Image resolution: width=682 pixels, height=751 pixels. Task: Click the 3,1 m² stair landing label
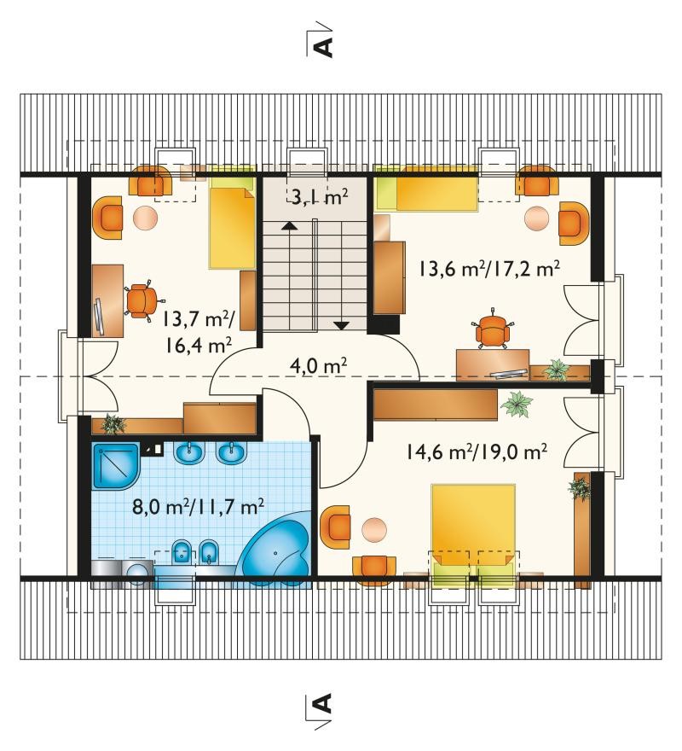[x=319, y=197]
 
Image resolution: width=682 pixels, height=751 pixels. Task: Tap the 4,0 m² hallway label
[x=318, y=366]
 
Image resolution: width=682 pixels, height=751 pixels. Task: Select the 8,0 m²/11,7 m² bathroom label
[x=198, y=506]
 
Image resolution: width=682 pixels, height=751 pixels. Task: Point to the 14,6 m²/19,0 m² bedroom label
[x=477, y=451]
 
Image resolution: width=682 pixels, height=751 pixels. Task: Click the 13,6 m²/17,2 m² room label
[x=489, y=268]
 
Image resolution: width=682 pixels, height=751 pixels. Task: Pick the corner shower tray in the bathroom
[x=115, y=466]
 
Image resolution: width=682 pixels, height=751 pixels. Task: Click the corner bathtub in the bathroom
[x=278, y=548]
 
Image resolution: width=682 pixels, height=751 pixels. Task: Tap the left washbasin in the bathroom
[x=189, y=452]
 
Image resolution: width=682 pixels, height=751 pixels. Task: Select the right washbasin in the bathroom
[x=232, y=452]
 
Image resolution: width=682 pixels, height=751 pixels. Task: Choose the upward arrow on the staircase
[x=288, y=226]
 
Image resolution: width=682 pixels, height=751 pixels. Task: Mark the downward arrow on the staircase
[x=341, y=326]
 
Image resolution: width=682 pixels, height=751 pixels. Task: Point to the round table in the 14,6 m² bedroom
[x=374, y=530]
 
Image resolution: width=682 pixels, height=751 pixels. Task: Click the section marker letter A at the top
[x=323, y=48]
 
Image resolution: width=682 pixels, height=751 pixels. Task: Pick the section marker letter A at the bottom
[x=323, y=703]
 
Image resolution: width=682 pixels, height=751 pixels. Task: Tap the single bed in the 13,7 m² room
[x=232, y=224]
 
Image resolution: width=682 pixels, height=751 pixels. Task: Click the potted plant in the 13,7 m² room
[x=113, y=423]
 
